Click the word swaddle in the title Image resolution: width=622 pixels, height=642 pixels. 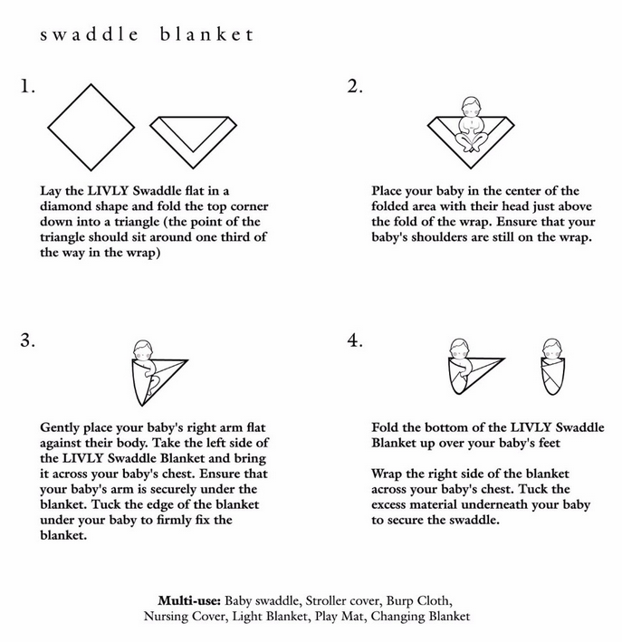coord(90,35)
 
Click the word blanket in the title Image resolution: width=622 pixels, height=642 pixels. coord(206,35)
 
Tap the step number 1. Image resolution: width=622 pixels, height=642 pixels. coord(26,87)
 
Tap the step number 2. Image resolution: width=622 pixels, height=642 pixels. coord(355,87)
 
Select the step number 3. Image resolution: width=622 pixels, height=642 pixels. coord(27,340)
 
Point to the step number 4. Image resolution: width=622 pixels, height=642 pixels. coord(355,340)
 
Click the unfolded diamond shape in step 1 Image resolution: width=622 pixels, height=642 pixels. coord(89,126)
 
